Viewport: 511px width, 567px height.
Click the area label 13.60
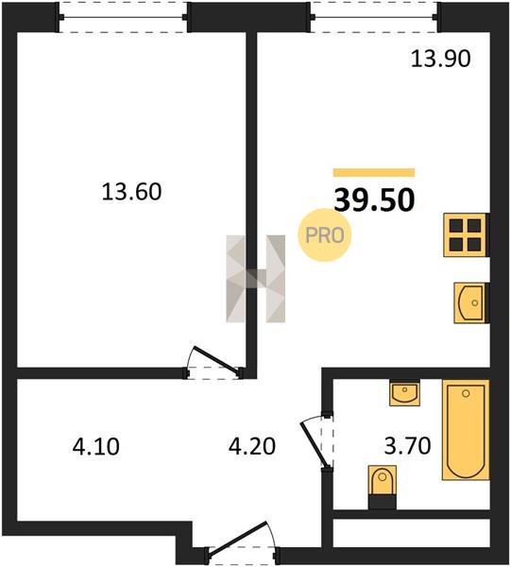coord(131,192)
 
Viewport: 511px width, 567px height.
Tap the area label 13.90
coord(441,59)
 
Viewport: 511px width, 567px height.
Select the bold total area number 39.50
coord(374,200)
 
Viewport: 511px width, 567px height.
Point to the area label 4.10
coord(95,446)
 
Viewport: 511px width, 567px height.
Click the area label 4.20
coord(252,446)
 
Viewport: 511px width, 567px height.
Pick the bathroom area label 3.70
coord(407,445)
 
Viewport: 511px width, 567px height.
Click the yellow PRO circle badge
coord(325,235)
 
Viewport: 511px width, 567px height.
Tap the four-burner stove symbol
coord(466,235)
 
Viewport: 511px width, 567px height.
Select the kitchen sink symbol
coord(471,303)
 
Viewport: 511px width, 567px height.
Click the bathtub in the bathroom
coord(466,430)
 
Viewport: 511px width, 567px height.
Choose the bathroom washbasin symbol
coord(405,393)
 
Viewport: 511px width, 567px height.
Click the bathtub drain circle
coord(466,393)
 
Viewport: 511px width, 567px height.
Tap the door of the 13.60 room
coord(214,362)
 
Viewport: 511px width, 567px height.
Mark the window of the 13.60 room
coord(123,17)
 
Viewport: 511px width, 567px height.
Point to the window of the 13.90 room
coord(374,17)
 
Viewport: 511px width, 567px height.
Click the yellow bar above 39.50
coord(374,173)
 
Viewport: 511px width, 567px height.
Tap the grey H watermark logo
coord(256,279)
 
